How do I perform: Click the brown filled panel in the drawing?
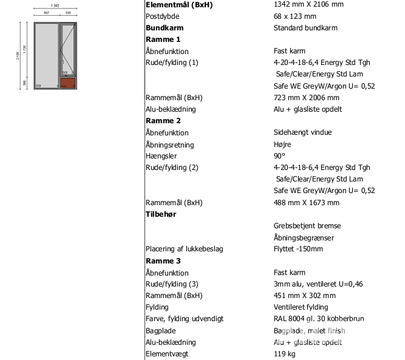(x=69, y=84)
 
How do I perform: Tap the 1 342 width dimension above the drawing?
(x=55, y=5)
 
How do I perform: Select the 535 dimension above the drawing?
(x=69, y=12)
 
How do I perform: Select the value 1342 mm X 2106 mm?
(x=308, y=5)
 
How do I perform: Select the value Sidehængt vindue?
(x=302, y=132)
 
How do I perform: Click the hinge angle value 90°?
(x=280, y=156)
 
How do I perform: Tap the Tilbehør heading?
(x=161, y=214)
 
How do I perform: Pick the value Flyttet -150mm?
(x=298, y=250)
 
